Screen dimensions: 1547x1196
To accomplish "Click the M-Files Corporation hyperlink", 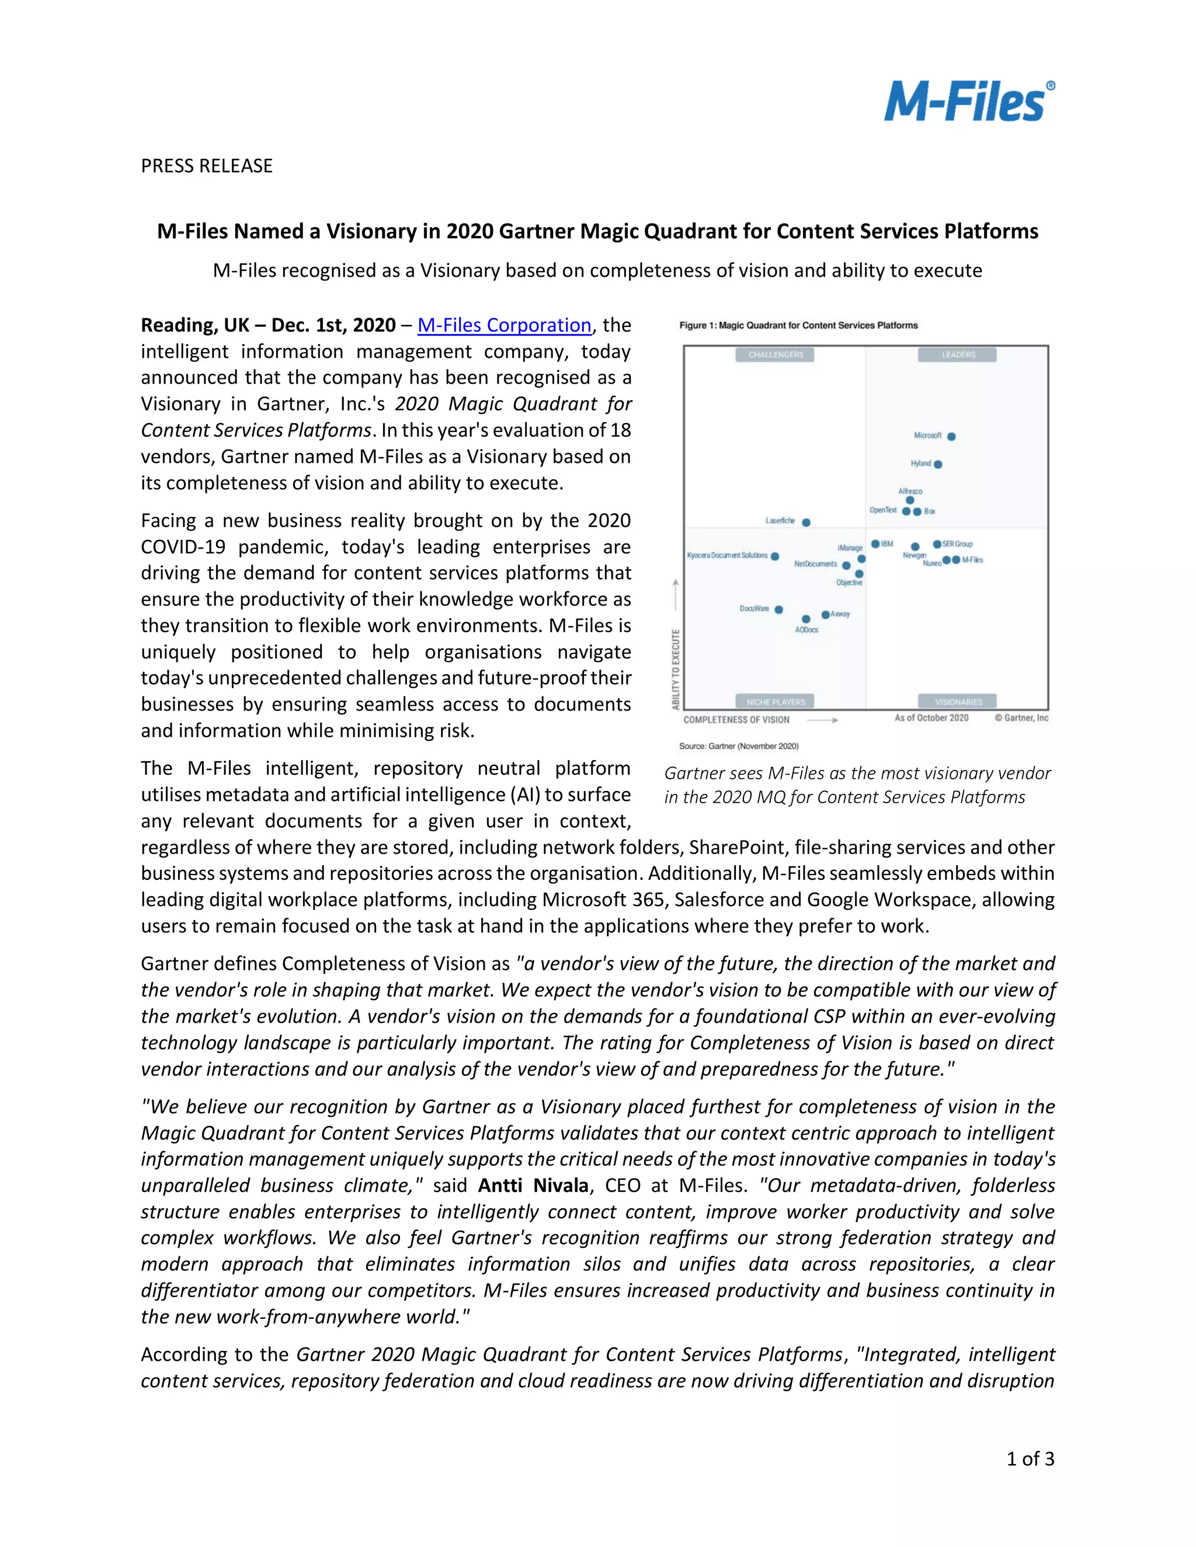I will [504, 325].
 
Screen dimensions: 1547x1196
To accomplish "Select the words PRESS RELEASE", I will [206, 166].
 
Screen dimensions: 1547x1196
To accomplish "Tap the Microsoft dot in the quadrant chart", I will [951, 436].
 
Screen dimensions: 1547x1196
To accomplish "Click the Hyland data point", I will [938, 465].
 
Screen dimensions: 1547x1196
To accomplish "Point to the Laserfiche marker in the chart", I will [806, 522].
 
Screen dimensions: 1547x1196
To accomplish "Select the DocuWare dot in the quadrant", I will [778, 609].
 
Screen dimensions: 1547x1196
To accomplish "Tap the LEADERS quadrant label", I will [958, 355].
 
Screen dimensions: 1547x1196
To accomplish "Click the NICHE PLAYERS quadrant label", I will [776, 702].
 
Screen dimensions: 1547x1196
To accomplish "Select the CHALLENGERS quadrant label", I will [776, 355].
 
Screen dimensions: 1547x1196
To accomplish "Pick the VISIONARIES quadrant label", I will [958, 702].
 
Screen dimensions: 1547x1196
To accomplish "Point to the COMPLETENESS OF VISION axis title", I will [736, 720].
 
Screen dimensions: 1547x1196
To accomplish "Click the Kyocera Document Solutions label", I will [727, 555].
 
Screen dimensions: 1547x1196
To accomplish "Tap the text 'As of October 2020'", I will [931, 717].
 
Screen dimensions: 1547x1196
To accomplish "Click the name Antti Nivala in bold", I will [533, 1185].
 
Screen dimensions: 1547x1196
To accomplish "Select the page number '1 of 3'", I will [1030, 1458].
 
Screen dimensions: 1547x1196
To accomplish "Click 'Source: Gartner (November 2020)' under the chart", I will [738, 746].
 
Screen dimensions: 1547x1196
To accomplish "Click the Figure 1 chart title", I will [798, 325].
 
